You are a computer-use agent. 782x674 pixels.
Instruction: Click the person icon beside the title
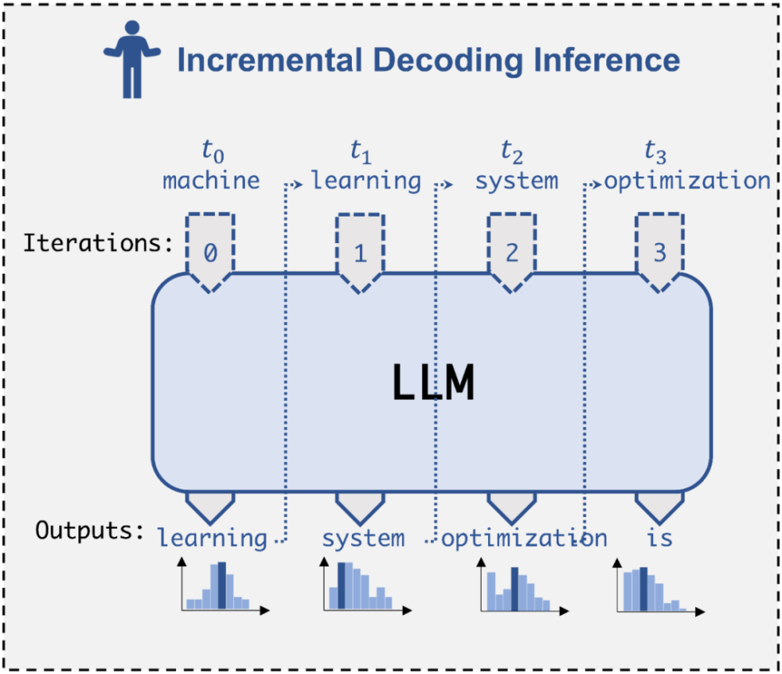coord(131,59)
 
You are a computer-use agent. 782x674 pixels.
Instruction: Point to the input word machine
coord(211,181)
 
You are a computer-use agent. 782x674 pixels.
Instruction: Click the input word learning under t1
coord(366,181)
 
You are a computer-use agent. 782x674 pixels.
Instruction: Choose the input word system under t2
coord(517,181)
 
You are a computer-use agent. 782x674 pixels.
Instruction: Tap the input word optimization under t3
coord(687,181)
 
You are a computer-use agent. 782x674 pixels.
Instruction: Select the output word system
coord(364,538)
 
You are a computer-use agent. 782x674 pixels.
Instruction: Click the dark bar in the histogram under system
coord(343,586)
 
